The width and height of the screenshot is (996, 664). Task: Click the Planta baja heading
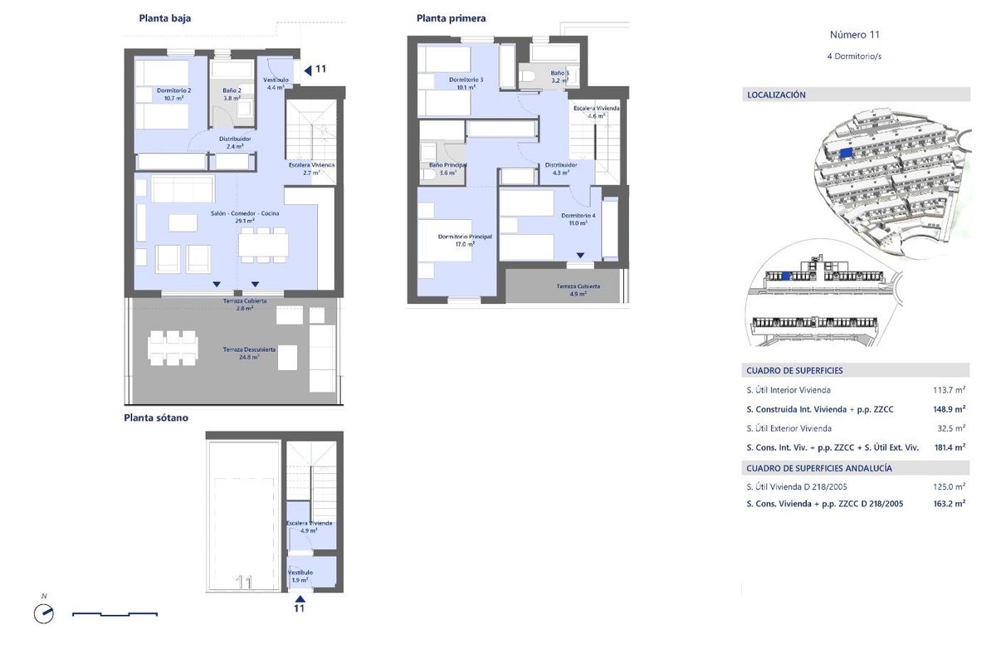point(165,18)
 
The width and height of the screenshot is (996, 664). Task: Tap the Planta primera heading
point(451,18)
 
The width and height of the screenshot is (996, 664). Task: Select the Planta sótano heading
point(156,417)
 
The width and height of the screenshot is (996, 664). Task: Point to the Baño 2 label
point(232,94)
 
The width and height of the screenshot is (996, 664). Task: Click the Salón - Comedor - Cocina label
point(244,217)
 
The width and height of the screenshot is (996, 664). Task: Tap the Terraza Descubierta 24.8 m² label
point(249,354)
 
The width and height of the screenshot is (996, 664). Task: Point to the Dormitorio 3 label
point(466,83)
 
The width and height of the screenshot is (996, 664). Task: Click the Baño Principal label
point(447,168)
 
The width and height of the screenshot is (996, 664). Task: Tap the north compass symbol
point(43,613)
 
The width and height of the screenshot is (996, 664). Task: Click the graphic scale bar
point(115,614)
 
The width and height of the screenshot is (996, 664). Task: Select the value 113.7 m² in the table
point(949,389)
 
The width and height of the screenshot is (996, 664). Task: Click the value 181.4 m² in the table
point(949,447)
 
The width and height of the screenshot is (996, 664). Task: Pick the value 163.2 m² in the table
point(949,503)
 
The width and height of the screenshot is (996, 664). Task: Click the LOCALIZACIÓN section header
point(777,95)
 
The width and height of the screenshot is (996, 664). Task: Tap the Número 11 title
point(854,35)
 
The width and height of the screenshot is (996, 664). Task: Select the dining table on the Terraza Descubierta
point(173,348)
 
